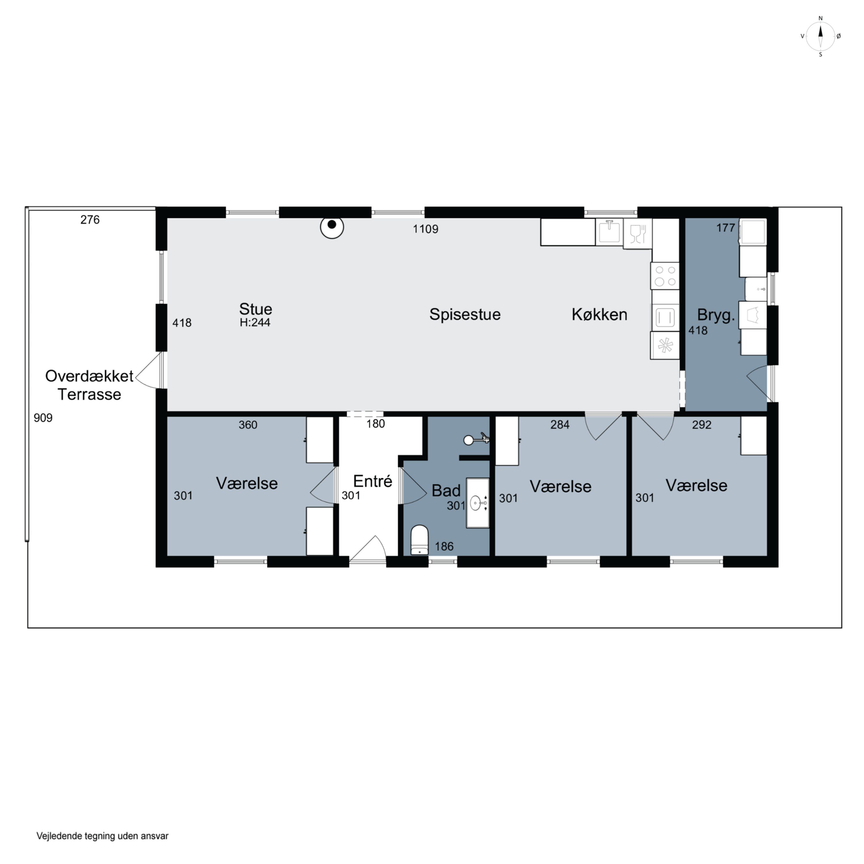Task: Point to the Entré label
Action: click(372, 481)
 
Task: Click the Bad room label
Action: click(446, 490)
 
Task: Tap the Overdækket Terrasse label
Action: click(90, 385)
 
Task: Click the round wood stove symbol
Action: click(332, 227)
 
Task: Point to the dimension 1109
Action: click(425, 229)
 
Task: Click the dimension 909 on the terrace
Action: click(43, 418)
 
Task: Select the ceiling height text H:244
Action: click(255, 323)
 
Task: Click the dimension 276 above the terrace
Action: click(90, 219)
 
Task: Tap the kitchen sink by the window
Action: click(609, 232)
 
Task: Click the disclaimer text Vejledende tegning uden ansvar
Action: click(103, 836)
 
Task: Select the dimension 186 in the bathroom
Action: click(444, 546)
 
